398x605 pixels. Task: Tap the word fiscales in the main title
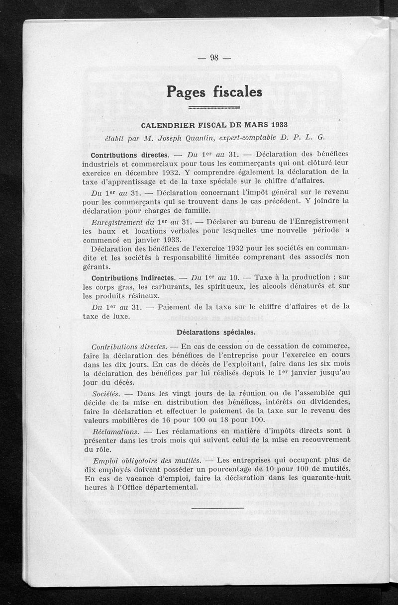238,92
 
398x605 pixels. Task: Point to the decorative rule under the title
214,107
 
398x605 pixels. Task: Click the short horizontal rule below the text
217,508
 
